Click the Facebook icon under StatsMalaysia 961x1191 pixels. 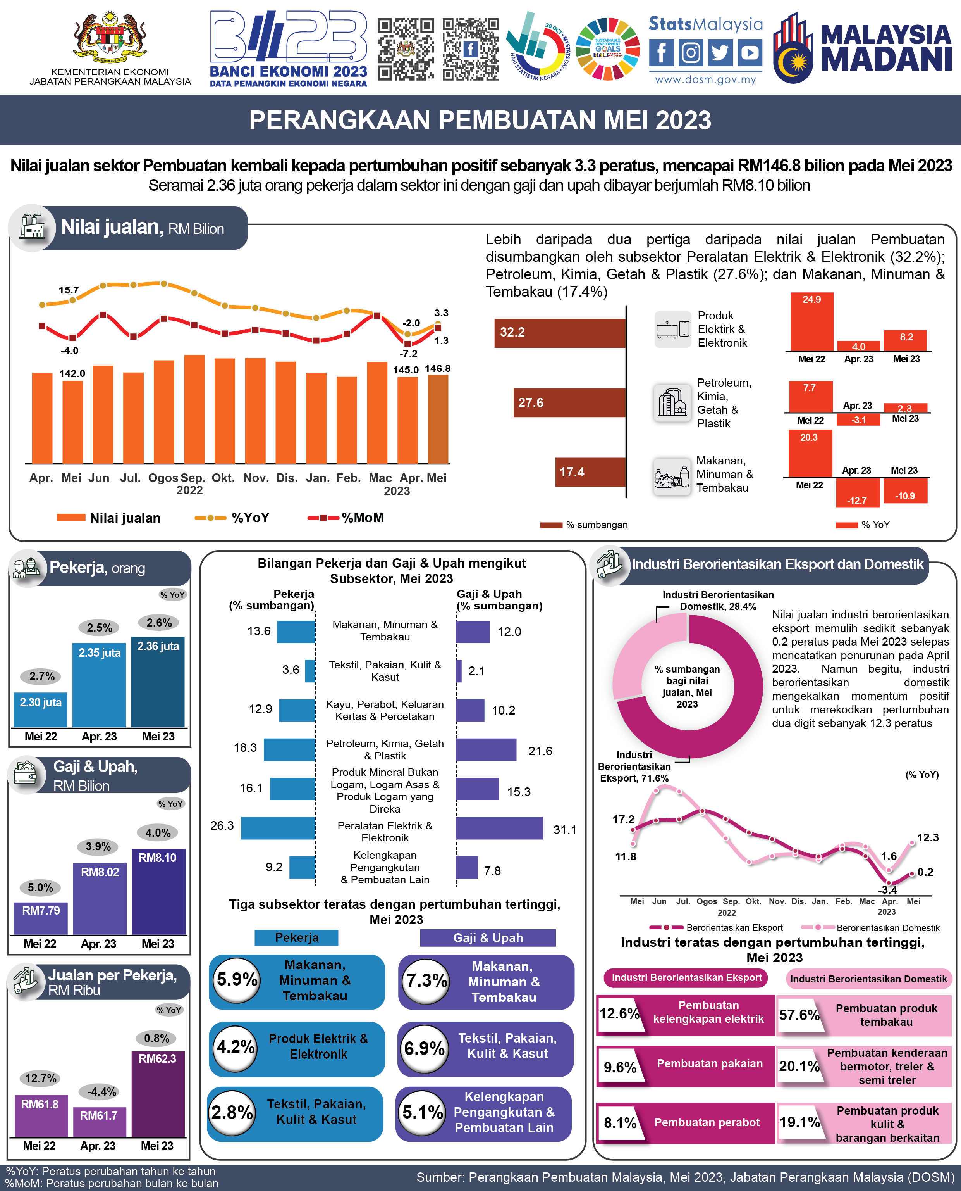coord(662,53)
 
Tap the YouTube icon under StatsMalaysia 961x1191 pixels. coord(750,53)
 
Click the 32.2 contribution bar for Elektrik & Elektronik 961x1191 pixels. coord(560,333)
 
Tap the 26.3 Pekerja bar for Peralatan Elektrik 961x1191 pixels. coord(279,828)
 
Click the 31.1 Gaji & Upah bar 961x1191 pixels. coord(499,828)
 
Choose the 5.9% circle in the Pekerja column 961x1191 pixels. coord(237,979)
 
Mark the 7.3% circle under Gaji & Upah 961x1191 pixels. coord(426,981)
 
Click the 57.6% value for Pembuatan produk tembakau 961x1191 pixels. coord(799,1015)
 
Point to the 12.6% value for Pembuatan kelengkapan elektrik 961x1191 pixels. coord(619,1014)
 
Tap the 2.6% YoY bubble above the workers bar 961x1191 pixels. coord(159,623)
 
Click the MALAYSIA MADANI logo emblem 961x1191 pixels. coord(794,49)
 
